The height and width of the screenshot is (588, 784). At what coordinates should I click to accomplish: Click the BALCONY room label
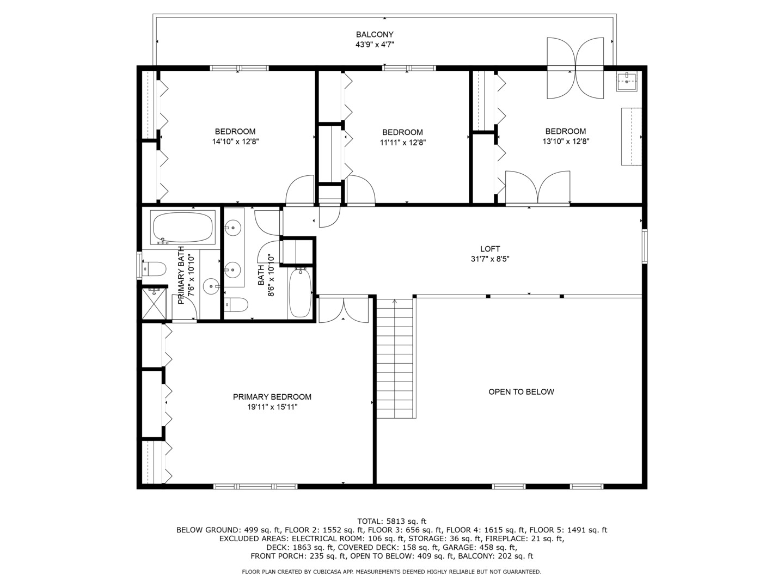click(x=375, y=35)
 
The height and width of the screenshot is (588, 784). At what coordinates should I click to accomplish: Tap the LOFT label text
click(x=490, y=249)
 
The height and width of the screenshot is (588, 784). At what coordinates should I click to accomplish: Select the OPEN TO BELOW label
click(x=521, y=391)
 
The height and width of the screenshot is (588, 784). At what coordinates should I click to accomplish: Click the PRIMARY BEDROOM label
click(x=272, y=397)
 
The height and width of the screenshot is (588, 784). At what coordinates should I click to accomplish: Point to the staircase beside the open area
click(x=395, y=358)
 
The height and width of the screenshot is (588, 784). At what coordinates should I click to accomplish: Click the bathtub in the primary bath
click(x=183, y=228)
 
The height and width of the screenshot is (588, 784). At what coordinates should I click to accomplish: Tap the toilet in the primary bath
click(x=154, y=269)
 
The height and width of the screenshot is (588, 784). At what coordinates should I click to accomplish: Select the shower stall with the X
click(x=154, y=303)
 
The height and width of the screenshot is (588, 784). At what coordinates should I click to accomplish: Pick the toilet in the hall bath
click(x=236, y=304)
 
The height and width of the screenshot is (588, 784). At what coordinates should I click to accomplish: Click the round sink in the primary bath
click(x=211, y=286)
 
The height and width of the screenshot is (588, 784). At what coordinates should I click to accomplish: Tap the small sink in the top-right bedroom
click(x=627, y=82)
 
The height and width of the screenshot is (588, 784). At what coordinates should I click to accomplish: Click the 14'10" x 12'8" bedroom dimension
click(x=235, y=142)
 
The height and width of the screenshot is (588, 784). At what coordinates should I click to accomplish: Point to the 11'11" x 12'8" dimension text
click(x=403, y=143)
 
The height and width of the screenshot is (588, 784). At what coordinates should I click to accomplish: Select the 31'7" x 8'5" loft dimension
click(x=490, y=259)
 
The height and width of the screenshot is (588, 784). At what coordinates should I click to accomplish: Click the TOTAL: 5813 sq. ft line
click(x=392, y=521)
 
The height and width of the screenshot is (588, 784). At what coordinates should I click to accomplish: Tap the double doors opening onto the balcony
click(x=575, y=68)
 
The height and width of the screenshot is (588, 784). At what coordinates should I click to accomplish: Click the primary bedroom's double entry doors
click(x=343, y=310)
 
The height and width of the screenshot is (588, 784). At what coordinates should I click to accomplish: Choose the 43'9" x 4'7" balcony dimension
click(x=375, y=45)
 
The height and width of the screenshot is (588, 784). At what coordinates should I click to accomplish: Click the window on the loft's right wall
click(x=645, y=247)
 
